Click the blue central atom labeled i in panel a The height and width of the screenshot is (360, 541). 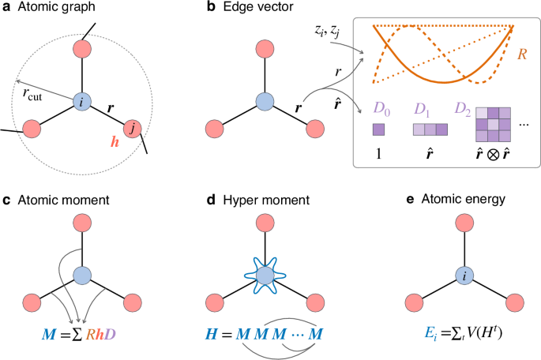[84, 102]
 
